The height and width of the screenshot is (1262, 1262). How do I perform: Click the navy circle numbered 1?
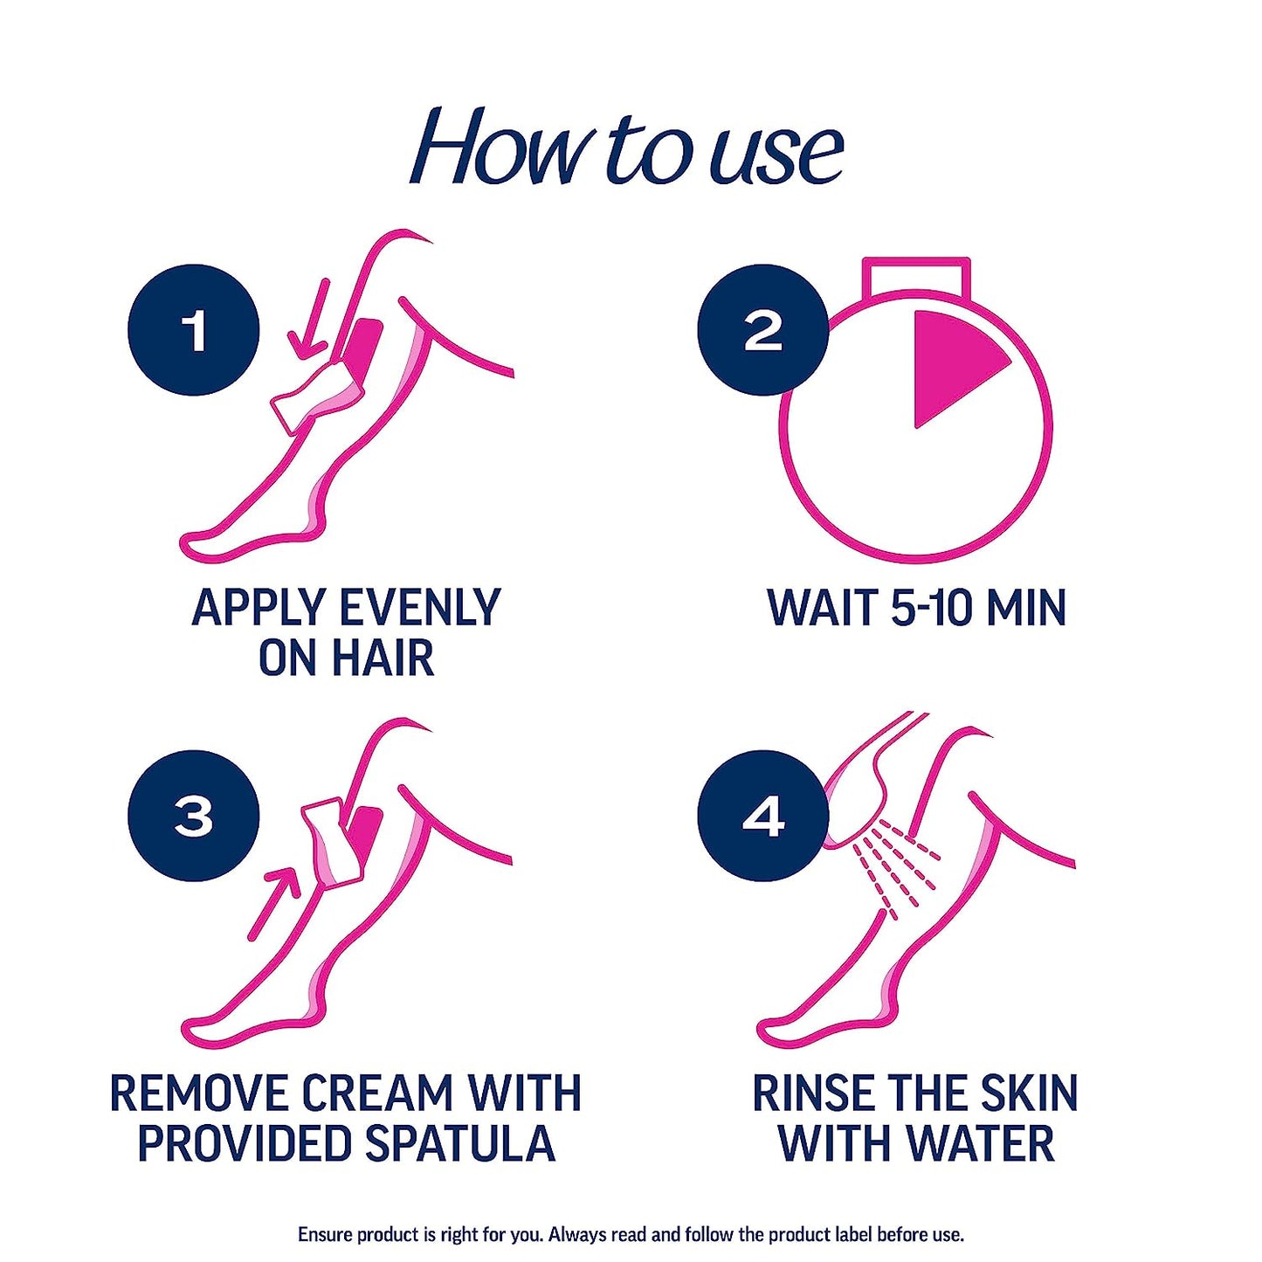193,330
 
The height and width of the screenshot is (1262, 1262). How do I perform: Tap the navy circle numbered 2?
762,330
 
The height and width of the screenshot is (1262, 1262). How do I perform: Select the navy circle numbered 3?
193,816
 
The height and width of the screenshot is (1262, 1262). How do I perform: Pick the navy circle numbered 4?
762,816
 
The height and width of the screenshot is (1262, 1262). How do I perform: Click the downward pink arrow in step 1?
310,323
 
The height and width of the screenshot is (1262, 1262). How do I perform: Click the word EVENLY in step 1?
419,608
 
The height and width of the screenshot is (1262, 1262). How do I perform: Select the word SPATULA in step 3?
460,1143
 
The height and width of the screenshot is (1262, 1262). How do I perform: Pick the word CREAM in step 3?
376,1093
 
